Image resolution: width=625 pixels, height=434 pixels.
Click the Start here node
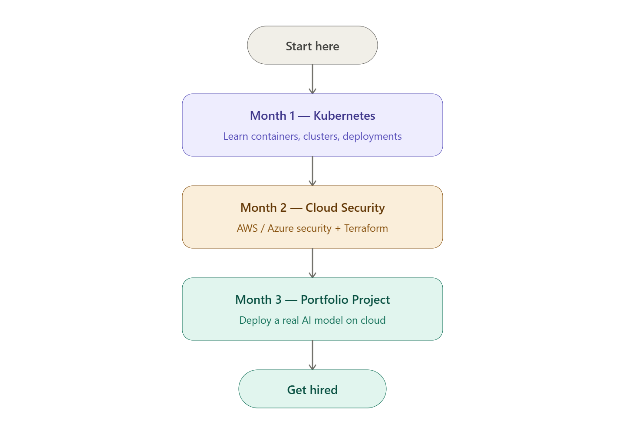(312, 46)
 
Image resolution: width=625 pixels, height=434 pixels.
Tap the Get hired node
(312, 389)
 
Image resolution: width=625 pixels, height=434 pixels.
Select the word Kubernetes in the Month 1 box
(344, 116)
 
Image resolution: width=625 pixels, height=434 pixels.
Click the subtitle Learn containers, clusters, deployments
(312, 136)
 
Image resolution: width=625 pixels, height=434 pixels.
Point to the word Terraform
(366, 228)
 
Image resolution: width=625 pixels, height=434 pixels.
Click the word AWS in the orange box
(247, 228)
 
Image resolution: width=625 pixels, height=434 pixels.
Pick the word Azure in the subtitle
(280, 228)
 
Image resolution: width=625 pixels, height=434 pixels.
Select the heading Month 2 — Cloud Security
(312, 208)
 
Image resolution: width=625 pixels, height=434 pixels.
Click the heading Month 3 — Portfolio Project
(312, 300)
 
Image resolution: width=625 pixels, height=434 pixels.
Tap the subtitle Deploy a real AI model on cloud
(312, 320)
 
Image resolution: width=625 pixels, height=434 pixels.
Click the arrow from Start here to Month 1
(312, 79)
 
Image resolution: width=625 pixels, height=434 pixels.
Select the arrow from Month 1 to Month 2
(312, 171)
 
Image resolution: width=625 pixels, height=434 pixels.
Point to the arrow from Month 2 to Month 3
(312, 263)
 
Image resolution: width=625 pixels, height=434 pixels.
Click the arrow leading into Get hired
(312, 355)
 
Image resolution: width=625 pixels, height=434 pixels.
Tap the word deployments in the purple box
(372, 136)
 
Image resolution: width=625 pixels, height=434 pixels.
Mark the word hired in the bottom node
(324, 390)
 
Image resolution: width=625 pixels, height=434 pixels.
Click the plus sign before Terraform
(338, 229)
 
